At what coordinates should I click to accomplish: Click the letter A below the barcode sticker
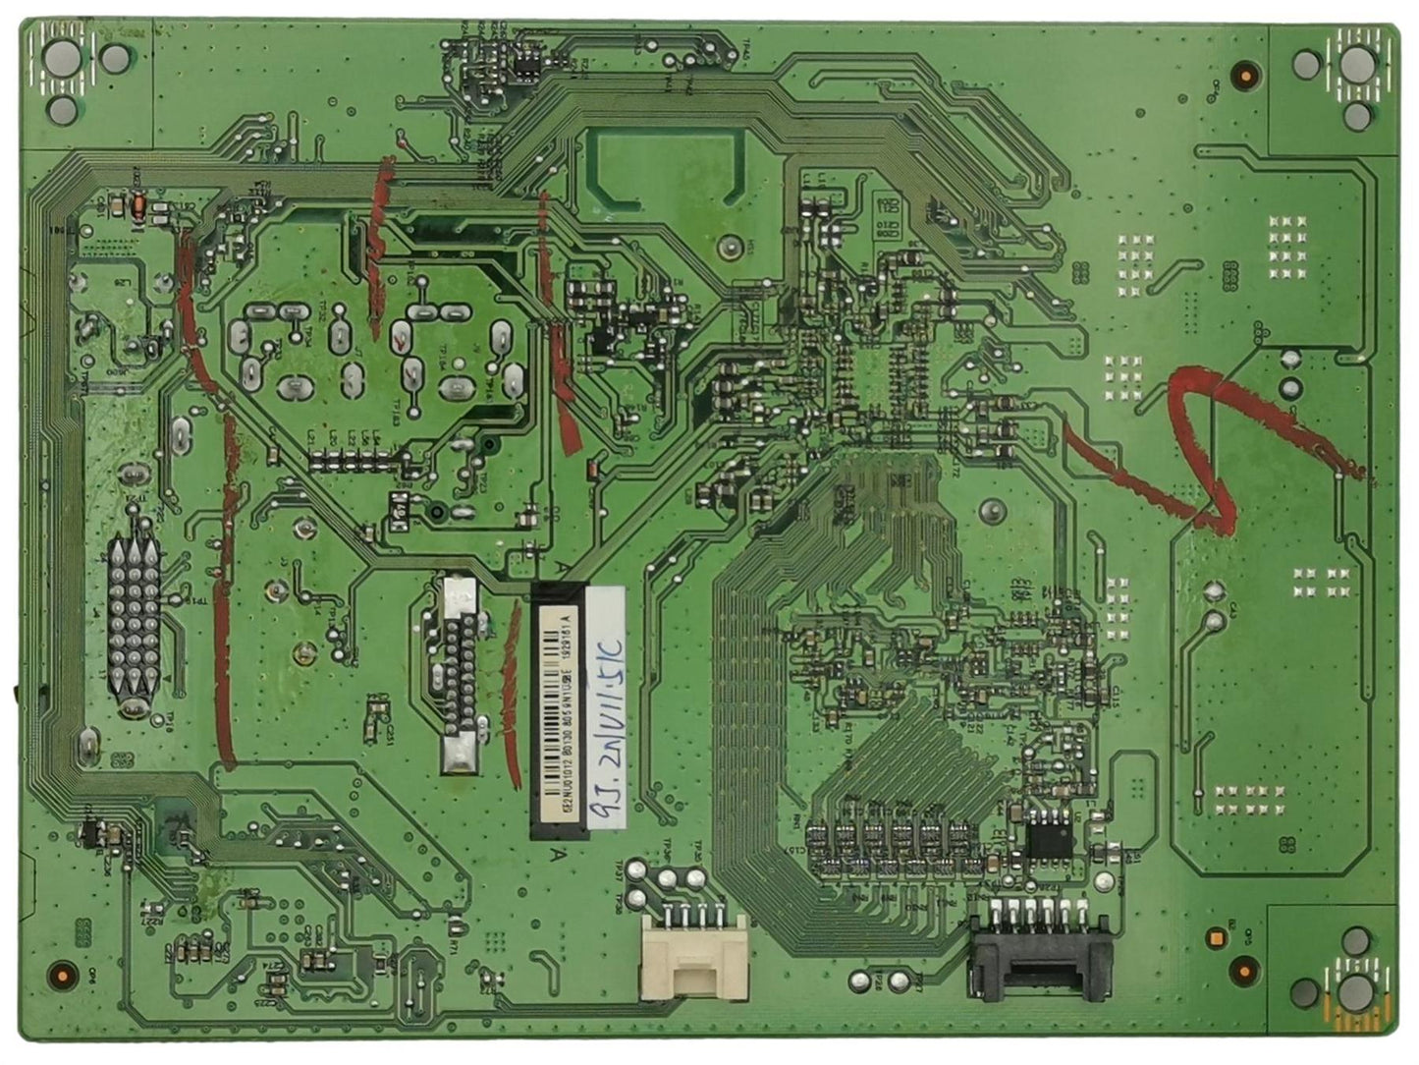558,854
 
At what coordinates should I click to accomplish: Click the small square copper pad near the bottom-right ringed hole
1216,938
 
